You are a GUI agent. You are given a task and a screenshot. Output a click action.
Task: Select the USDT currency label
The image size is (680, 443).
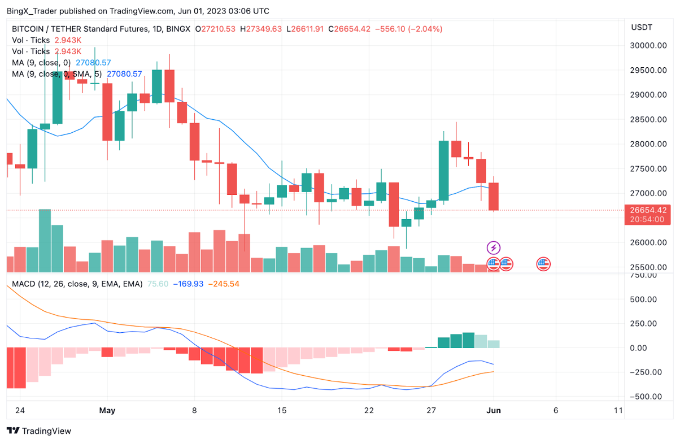click(x=642, y=28)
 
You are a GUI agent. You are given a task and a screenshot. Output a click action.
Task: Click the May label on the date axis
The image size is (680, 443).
click(x=107, y=410)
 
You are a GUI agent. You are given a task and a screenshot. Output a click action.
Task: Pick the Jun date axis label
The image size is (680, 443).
click(x=494, y=410)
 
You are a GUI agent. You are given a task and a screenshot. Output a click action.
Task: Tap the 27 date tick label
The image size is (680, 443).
click(x=431, y=410)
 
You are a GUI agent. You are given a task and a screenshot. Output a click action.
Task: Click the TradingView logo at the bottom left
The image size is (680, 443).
click(x=39, y=431)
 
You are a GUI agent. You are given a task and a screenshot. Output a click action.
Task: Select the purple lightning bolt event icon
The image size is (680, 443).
click(x=494, y=247)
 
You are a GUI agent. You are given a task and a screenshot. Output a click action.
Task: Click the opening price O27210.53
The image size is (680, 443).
click(x=216, y=29)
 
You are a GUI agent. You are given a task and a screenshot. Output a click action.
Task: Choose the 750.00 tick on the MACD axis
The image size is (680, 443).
click(x=643, y=275)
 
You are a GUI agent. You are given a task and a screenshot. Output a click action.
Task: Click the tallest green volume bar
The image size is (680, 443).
click(x=45, y=241)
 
